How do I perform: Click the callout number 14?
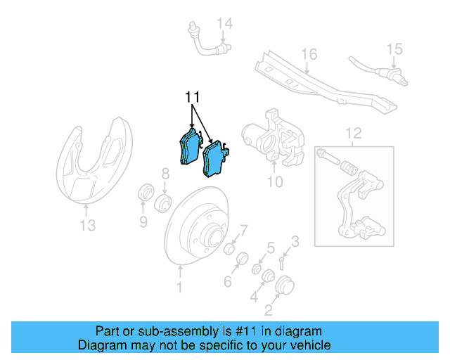[x=224, y=25]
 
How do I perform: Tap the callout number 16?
[x=309, y=54]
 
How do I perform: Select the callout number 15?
[x=394, y=49]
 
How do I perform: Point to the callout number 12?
[x=352, y=132]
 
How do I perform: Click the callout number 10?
[x=274, y=182]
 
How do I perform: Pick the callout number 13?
[x=87, y=225]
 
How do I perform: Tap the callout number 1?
[x=179, y=287]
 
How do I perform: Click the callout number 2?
[x=269, y=308]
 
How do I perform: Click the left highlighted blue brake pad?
[x=186, y=148]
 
